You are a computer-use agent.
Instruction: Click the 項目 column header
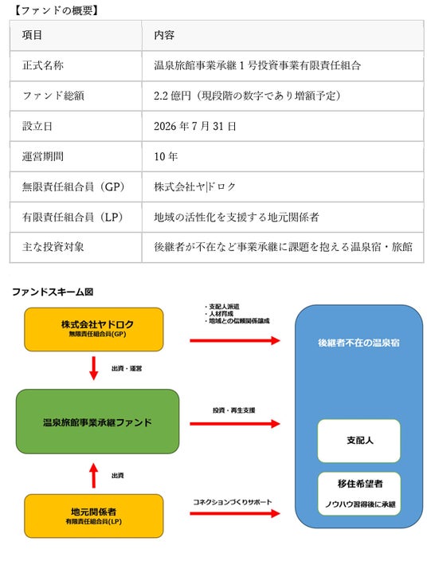point(32,35)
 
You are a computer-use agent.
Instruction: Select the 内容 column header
point(164,35)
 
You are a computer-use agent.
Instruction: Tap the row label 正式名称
point(43,65)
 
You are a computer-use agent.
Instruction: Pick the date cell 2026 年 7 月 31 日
point(195,126)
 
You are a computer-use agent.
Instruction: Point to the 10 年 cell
point(166,156)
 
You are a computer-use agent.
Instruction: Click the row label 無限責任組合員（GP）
point(73,186)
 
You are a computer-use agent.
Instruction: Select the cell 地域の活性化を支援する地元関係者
point(237,218)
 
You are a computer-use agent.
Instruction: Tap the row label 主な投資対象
point(53,247)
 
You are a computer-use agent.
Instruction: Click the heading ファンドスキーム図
point(53,292)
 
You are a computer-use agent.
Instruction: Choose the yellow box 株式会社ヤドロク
point(94,329)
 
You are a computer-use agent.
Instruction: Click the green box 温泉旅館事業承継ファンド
point(97,422)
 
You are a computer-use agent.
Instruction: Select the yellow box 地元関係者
point(94,516)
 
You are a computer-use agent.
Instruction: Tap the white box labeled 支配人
point(359,441)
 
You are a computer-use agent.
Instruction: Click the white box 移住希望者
point(359,494)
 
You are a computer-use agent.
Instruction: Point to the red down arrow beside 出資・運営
point(94,368)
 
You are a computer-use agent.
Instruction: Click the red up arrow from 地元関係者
point(94,476)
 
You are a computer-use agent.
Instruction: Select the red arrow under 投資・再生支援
point(235,424)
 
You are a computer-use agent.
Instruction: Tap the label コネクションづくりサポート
point(233,502)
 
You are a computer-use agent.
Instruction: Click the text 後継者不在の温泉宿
point(358,343)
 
